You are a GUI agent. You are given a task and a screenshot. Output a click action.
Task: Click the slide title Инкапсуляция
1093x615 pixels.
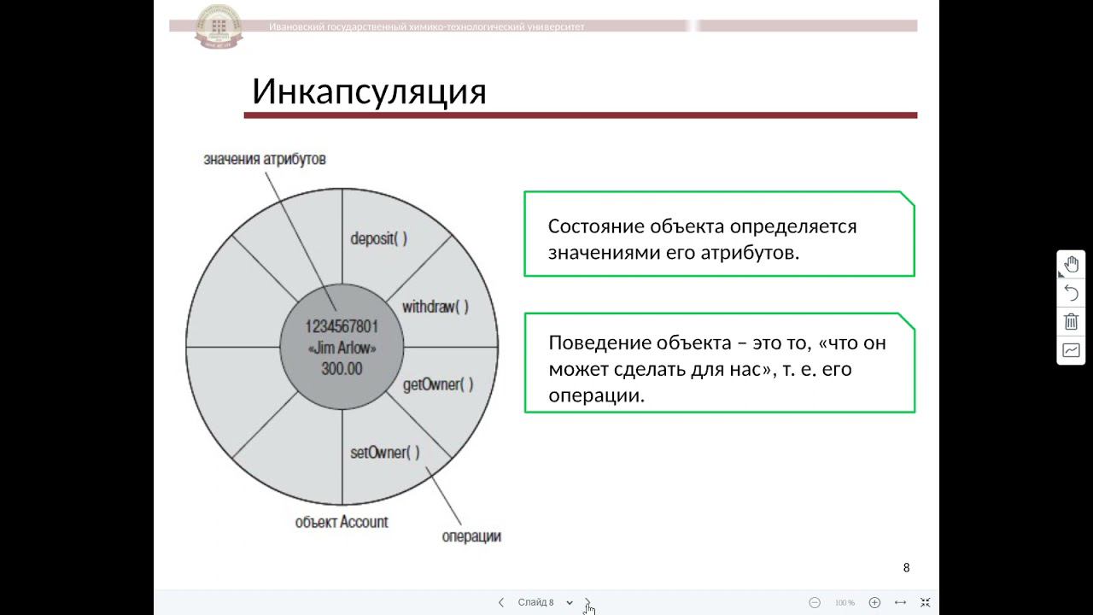[369, 91]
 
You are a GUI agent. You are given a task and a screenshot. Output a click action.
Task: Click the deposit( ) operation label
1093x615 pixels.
[378, 238]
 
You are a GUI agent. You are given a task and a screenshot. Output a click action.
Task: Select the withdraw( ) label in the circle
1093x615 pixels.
[435, 307]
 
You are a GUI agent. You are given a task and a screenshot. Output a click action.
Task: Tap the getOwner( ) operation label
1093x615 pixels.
[437, 384]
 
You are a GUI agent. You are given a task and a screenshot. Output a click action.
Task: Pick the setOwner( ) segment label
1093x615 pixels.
[385, 453]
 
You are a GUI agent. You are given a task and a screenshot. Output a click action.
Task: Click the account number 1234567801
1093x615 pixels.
[342, 326]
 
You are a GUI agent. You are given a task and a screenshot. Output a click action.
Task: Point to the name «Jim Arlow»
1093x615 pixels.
[342, 348]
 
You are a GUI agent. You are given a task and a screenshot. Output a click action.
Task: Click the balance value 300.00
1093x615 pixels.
[342, 369]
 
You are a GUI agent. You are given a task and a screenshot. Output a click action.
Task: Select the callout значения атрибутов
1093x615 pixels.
[265, 160]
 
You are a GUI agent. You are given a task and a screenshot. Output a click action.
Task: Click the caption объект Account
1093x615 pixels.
[342, 522]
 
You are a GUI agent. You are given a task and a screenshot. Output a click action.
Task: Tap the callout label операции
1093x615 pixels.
[471, 536]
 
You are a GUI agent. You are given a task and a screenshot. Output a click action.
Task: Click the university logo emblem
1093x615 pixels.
[219, 26]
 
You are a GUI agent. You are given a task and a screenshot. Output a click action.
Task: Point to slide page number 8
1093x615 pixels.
[906, 568]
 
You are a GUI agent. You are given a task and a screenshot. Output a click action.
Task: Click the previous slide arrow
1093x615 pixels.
[501, 602]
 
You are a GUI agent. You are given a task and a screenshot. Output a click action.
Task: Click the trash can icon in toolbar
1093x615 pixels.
[1071, 322]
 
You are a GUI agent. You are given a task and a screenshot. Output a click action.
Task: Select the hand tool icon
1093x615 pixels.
[1071, 265]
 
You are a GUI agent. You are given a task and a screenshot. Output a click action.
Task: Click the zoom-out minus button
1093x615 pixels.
[815, 602]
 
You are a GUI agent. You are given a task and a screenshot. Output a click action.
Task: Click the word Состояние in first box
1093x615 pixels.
[595, 226]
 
